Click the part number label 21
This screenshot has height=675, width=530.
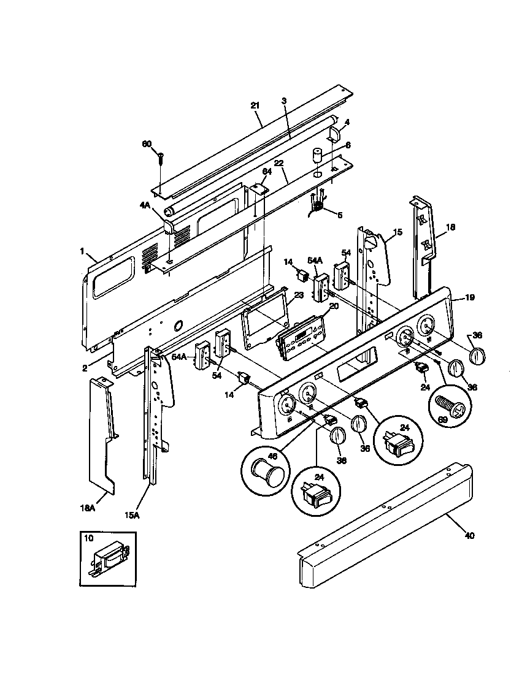(256, 105)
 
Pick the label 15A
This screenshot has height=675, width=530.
(132, 516)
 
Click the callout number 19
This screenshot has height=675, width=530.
(469, 298)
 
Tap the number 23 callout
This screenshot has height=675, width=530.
(299, 295)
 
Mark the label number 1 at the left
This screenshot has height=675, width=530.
(82, 251)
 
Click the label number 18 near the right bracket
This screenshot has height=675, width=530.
(450, 227)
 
